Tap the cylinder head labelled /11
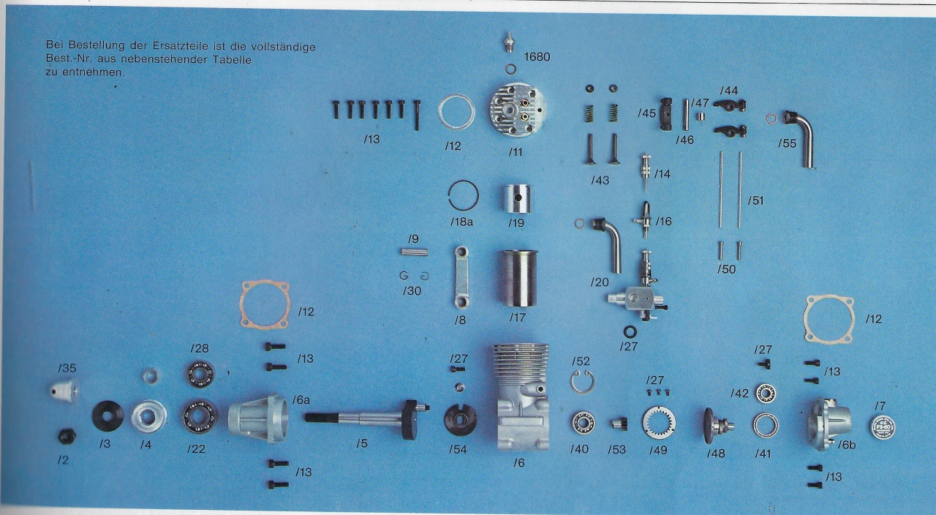tap(518, 110)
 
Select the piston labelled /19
tap(517, 199)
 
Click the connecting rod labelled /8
tap(461, 277)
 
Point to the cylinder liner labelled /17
tap(519, 279)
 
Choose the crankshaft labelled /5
tap(367, 418)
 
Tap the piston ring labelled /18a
tap(464, 195)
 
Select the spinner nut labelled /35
tap(65, 391)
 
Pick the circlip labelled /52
tap(582, 382)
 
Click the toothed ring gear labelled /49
tap(659, 423)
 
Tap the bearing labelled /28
tap(200, 373)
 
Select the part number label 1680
tap(537, 57)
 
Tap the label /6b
tap(847, 445)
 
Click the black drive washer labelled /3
tap(107, 416)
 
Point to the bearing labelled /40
tap(584, 423)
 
